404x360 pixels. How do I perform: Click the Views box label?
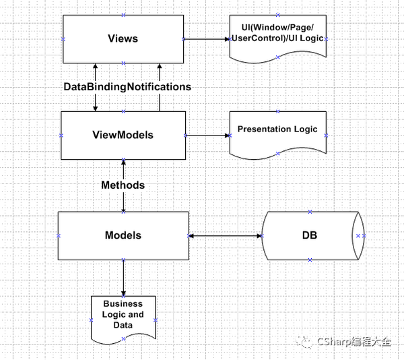coord(123,38)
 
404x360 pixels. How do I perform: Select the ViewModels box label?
coord(123,135)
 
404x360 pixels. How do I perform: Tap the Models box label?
coord(123,235)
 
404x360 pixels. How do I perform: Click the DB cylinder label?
coord(310,235)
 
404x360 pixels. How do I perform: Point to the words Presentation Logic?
coord(277,129)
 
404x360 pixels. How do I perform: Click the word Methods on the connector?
coord(123,185)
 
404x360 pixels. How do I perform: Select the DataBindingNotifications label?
coord(127,87)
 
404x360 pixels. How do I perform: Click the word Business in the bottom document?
coord(123,304)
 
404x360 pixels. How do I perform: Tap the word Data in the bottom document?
coord(123,325)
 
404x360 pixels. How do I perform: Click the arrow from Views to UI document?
coord(207,39)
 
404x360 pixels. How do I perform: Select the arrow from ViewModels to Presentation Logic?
coord(207,136)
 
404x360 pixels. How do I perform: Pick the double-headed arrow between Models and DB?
coord(226,236)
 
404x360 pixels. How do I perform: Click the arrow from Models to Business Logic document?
coord(123,278)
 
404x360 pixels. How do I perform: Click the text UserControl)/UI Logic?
coord(277,38)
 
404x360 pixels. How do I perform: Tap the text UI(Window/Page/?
coord(277,27)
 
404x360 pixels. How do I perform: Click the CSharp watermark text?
coord(354,342)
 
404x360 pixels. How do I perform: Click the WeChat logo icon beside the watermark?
coord(304,342)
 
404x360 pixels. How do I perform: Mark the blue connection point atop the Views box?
coord(123,16)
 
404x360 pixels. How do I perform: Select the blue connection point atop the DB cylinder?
coord(310,212)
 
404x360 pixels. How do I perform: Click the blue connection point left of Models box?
coord(59,236)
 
